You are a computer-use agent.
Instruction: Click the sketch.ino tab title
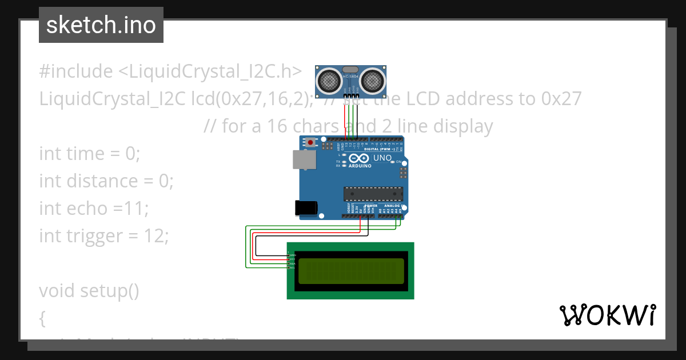pyautogui.click(x=101, y=25)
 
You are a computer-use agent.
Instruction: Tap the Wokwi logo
pyautogui.click(x=607, y=315)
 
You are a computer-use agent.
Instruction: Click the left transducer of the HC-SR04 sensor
pyautogui.click(x=330, y=80)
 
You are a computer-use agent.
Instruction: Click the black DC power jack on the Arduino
pyautogui.click(x=305, y=209)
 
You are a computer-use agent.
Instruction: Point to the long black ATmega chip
pyautogui.click(x=373, y=194)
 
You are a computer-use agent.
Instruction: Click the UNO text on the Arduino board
pyautogui.click(x=382, y=158)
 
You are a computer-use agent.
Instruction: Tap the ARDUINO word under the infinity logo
pyautogui.click(x=360, y=166)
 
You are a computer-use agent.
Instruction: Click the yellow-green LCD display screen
pyautogui.click(x=350, y=270)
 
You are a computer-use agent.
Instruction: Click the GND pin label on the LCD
pyautogui.click(x=292, y=254)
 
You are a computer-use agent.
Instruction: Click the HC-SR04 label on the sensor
pyautogui.click(x=350, y=77)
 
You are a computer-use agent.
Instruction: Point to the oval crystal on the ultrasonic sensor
pyautogui.click(x=350, y=69)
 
